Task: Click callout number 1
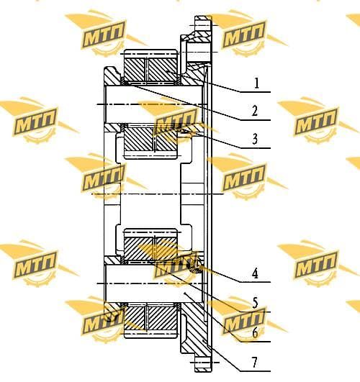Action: click(256, 83)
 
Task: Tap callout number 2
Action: click(255, 111)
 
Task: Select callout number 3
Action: click(255, 139)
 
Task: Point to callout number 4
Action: click(255, 273)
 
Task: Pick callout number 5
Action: click(255, 304)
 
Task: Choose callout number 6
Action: click(255, 332)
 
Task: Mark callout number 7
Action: click(255, 363)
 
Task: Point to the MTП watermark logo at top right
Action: click(244, 34)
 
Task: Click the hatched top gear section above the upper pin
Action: click(150, 70)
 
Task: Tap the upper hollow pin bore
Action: click(153, 104)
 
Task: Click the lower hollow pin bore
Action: click(153, 283)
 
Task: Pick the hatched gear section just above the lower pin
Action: click(150, 249)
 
